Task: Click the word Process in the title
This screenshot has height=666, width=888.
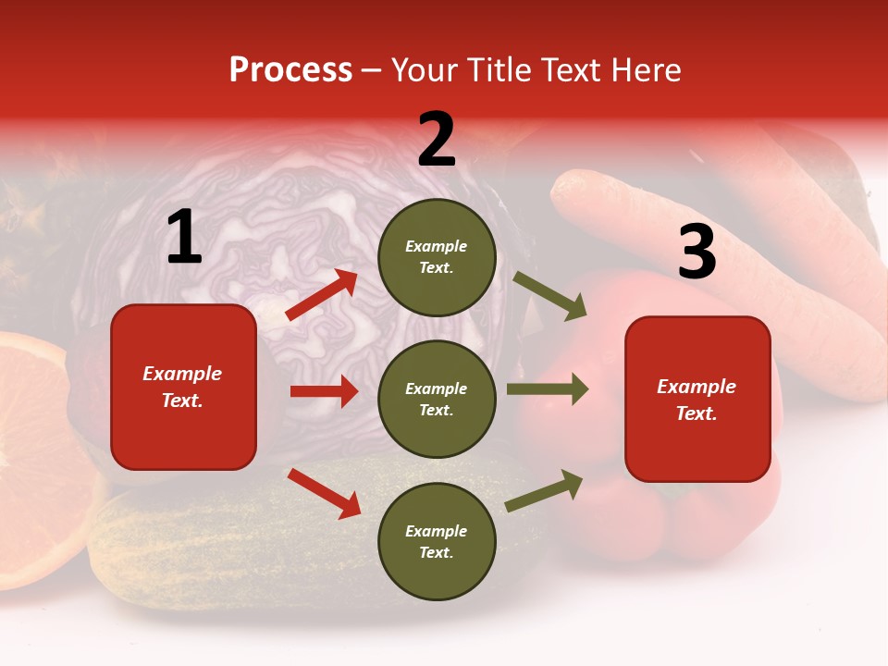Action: click(290, 70)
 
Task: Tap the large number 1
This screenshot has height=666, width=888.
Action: click(184, 239)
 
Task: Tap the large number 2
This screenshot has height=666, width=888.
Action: click(437, 140)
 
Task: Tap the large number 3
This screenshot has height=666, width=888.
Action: click(697, 253)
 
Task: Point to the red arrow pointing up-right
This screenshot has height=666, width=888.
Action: click(322, 295)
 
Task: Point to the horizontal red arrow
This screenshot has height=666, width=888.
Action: click(324, 391)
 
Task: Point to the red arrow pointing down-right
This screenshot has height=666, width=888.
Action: click(324, 492)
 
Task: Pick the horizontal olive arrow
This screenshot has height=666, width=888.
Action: click(548, 388)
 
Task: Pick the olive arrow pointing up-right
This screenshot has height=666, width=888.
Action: click(545, 491)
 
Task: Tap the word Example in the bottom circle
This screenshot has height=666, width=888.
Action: click(436, 531)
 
